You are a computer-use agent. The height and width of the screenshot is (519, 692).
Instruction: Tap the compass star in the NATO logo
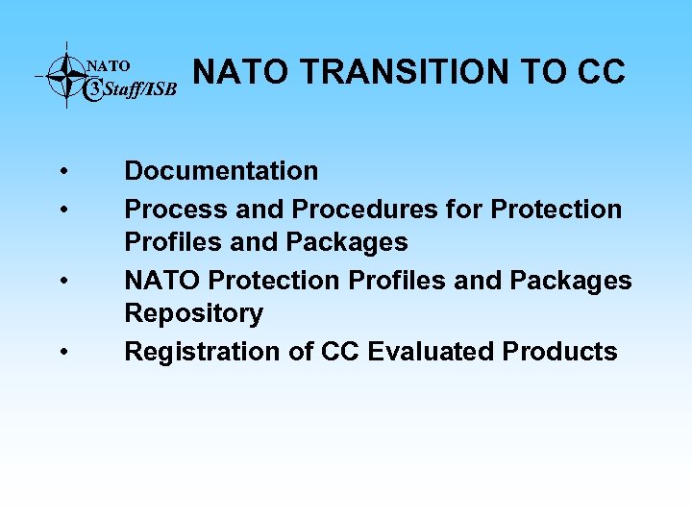[66, 75]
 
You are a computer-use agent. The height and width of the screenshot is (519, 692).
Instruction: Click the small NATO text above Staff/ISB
[109, 66]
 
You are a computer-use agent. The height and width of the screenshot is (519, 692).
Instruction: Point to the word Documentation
[221, 171]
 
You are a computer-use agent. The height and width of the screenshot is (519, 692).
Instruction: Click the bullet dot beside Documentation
[62, 172]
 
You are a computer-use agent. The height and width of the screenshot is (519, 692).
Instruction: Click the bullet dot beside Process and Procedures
[62, 210]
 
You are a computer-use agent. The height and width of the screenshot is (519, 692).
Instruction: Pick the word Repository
[193, 314]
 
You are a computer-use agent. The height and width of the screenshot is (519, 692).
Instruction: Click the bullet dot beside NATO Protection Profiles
[62, 282]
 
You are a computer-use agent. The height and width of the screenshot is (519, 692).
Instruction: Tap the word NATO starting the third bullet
[162, 280]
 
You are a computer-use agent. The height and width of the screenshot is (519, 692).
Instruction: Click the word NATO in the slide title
[232, 72]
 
